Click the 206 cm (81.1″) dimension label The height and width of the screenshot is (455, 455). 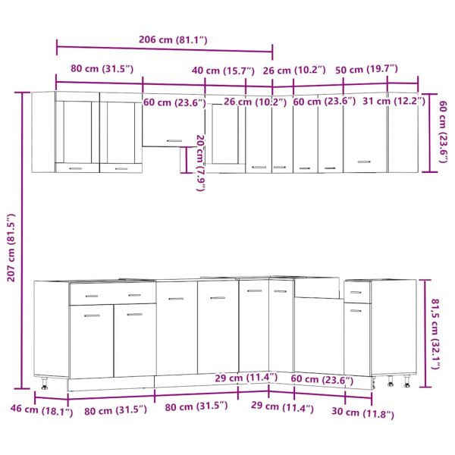(x=173, y=39)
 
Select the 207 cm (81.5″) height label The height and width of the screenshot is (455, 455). (x=11, y=247)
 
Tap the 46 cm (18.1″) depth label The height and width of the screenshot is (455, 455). (x=42, y=410)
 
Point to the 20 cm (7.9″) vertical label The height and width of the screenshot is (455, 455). (x=201, y=163)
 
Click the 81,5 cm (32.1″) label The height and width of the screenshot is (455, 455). (x=435, y=334)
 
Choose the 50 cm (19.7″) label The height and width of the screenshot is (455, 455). (x=366, y=70)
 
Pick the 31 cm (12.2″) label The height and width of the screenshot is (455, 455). (x=394, y=102)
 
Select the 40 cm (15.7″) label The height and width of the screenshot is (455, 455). (x=223, y=71)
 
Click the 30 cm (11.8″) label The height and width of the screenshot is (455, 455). (x=362, y=413)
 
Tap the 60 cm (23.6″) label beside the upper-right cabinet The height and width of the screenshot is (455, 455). (x=443, y=132)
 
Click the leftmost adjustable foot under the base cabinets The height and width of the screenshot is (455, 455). (x=45, y=383)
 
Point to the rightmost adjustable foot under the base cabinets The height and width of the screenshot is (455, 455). (x=407, y=381)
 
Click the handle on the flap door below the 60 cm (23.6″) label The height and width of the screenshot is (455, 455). (x=174, y=141)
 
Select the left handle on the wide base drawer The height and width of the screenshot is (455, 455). (x=92, y=296)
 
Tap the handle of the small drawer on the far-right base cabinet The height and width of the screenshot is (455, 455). (x=356, y=292)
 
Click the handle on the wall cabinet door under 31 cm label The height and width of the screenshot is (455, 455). (x=364, y=162)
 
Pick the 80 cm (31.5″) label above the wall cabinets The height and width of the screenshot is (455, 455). (x=102, y=69)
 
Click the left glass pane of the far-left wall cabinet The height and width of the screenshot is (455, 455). (x=77, y=132)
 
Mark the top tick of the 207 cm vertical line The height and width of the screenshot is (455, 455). (x=22, y=93)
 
